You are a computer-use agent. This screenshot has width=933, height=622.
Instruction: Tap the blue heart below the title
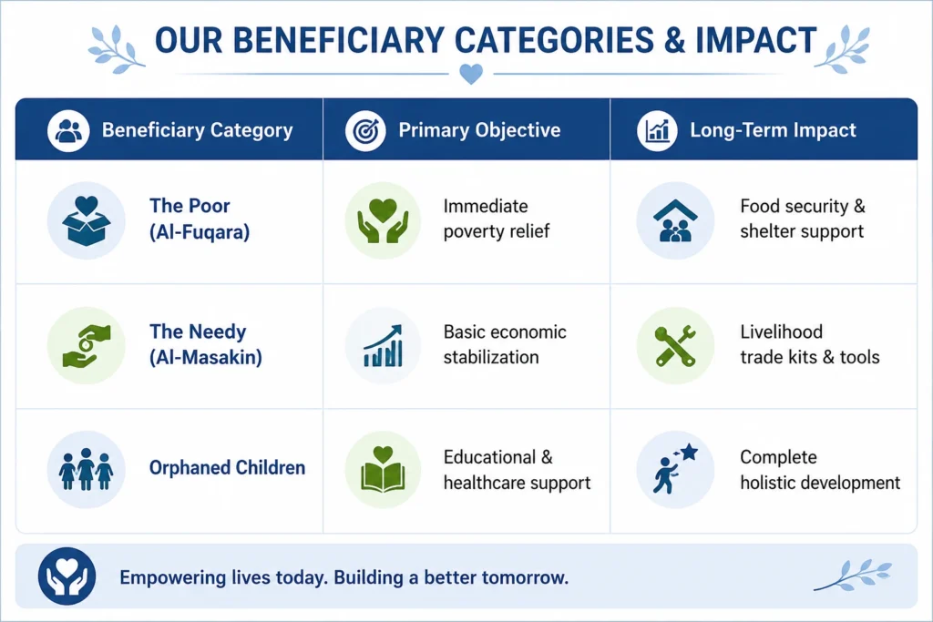471,74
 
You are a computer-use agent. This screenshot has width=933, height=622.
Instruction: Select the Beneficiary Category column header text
197,130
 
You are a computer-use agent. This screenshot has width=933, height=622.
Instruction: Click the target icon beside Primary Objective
365,130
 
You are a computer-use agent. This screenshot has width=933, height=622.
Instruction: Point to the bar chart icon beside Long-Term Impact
657,130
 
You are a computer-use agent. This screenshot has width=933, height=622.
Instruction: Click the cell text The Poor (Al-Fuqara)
200,219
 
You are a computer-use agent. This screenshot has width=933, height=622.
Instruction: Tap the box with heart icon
87,220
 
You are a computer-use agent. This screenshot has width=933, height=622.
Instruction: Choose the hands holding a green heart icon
383,220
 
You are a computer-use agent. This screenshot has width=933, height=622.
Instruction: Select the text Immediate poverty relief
497,219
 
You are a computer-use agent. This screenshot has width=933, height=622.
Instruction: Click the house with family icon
675,220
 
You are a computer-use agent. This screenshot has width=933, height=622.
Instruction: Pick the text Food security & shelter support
802,219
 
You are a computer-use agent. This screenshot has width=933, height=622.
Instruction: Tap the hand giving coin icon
87,345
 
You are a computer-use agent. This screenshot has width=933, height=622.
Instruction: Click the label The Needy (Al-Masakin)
205,344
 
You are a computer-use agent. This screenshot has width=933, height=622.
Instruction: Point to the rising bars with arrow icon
383,345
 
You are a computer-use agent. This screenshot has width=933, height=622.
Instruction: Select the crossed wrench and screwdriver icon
675,345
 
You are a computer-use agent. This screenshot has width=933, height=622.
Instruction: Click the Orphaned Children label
227,468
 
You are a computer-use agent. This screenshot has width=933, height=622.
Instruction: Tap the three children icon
87,470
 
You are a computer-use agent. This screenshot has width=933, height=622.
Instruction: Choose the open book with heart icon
383,470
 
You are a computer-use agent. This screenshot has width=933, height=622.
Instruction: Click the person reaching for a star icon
675,470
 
